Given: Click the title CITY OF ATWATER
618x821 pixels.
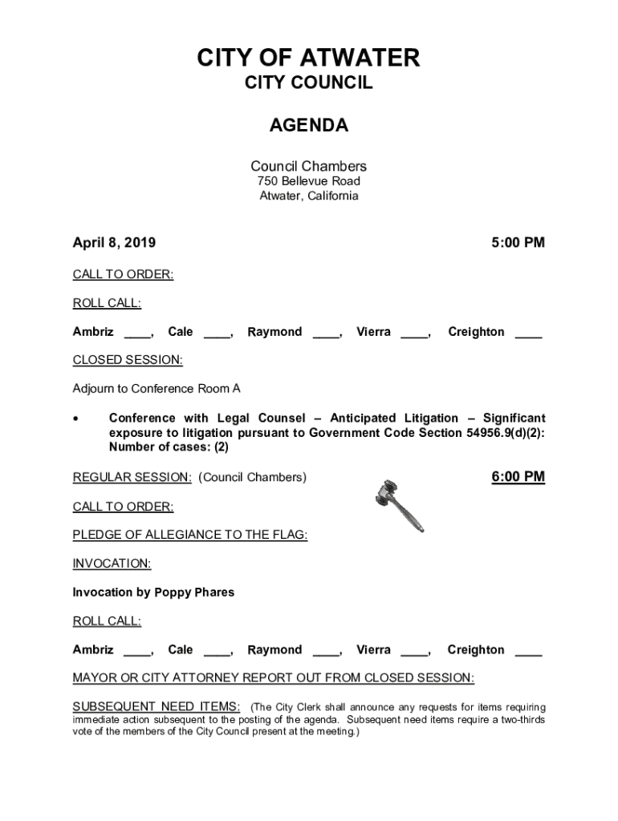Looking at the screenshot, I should click(x=309, y=58).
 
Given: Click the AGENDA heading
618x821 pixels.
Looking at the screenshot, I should click(x=309, y=125).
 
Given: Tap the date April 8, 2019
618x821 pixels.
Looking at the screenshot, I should click(x=114, y=242).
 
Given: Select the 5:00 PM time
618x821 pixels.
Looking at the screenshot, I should click(x=518, y=242).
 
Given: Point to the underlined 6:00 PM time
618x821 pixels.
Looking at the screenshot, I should click(x=518, y=477).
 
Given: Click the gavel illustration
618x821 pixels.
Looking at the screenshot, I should click(x=399, y=504).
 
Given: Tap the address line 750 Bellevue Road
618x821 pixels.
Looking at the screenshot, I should click(x=309, y=181).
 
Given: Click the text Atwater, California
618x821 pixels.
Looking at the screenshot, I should click(x=309, y=196).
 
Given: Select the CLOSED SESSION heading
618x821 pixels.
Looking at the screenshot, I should click(x=128, y=360).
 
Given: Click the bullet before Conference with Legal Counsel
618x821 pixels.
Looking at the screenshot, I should click(x=76, y=419).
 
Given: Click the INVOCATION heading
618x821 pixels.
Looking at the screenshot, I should click(x=112, y=564).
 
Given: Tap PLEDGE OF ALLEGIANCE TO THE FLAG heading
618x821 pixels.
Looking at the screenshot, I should click(x=190, y=535).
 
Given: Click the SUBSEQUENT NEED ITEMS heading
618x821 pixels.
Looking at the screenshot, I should click(x=157, y=706).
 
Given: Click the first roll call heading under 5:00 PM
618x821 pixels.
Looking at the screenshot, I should click(x=107, y=303).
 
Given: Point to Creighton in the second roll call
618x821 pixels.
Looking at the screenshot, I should click(x=476, y=649).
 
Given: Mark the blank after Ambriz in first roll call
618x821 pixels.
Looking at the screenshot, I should click(x=137, y=334).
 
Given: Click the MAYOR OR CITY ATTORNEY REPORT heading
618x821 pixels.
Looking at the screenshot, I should click(x=274, y=678).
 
